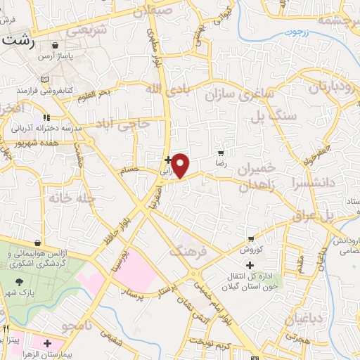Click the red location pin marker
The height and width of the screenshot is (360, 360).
pos(181,165)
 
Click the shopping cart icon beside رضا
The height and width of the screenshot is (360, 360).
pos(221,153)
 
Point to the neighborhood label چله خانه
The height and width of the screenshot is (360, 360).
pos(72,199)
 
